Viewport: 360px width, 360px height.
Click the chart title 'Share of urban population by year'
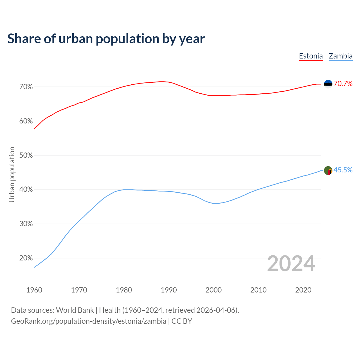click(x=106, y=39)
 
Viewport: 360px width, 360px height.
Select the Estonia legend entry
click(x=311, y=56)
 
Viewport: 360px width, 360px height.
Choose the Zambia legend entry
click(x=341, y=56)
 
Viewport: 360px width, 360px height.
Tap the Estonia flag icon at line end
click(x=328, y=84)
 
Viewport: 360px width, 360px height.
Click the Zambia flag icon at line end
click(x=328, y=170)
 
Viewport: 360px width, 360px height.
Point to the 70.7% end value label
click(x=343, y=84)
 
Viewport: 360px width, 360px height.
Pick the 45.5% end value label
click(x=343, y=170)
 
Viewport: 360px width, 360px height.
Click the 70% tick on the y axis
click(x=26, y=87)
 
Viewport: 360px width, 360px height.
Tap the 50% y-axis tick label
click(x=26, y=156)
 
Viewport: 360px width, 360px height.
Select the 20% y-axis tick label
click(x=26, y=258)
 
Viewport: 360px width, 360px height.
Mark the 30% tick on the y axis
click(x=26, y=224)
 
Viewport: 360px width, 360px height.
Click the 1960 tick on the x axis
click(x=34, y=290)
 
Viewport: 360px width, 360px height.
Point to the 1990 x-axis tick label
click(x=169, y=290)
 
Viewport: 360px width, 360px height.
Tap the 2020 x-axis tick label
click(x=303, y=290)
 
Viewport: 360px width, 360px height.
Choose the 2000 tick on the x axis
click(x=213, y=290)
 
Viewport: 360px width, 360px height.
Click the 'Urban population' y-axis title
click(x=12, y=174)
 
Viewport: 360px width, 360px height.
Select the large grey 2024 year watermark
click(x=291, y=264)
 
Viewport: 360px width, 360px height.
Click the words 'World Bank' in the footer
click(x=75, y=310)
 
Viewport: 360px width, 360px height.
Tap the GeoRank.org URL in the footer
click(x=89, y=321)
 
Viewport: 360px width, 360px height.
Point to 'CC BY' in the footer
click(x=182, y=321)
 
